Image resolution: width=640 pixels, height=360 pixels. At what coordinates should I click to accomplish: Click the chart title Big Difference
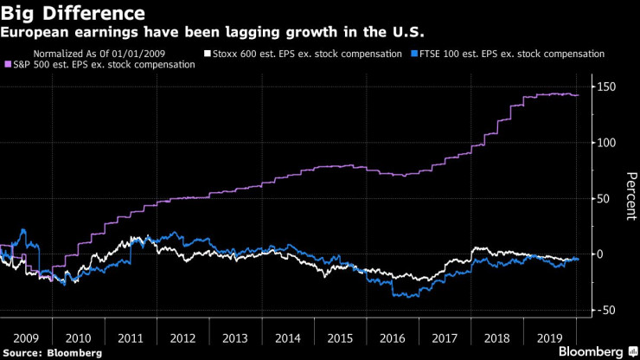[73, 14]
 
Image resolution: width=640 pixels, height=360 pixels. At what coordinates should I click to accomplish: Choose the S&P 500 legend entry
[104, 65]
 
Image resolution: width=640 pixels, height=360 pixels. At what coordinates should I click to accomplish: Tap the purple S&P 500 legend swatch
[9, 65]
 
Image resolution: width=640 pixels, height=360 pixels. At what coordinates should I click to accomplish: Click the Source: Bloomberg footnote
[52, 352]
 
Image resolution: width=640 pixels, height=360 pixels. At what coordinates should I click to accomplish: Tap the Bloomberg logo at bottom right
[592, 351]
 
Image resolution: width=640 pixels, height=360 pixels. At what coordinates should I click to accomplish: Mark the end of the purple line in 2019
[578, 95]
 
